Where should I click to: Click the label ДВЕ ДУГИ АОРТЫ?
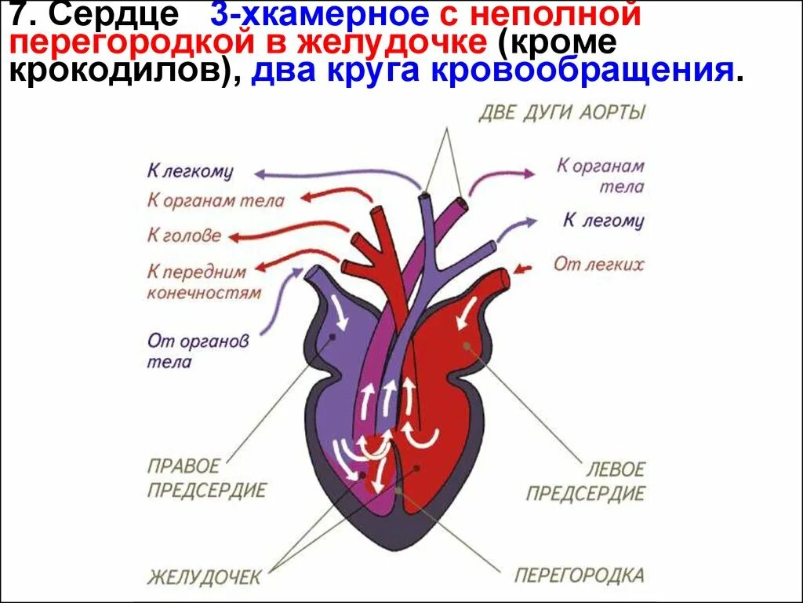tap(562, 112)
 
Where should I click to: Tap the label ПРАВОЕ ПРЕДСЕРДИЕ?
tap(206, 479)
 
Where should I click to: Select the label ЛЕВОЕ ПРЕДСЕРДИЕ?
tap(585, 481)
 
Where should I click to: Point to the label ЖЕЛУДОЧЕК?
tap(204, 578)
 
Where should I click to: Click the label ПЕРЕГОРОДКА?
tap(579, 575)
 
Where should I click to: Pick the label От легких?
tap(598, 264)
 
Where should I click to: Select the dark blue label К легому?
tap(603, 221)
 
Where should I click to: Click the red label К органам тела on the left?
tap(216, 201)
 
